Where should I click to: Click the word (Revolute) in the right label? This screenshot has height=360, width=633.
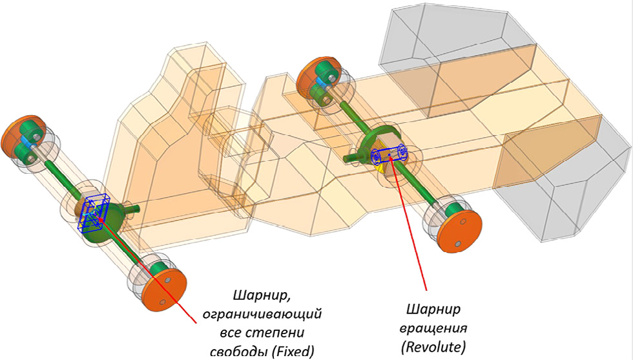[433, 347]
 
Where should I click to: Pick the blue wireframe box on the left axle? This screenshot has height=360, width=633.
[94, 213]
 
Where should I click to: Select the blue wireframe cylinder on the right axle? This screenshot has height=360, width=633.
[389, 155]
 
